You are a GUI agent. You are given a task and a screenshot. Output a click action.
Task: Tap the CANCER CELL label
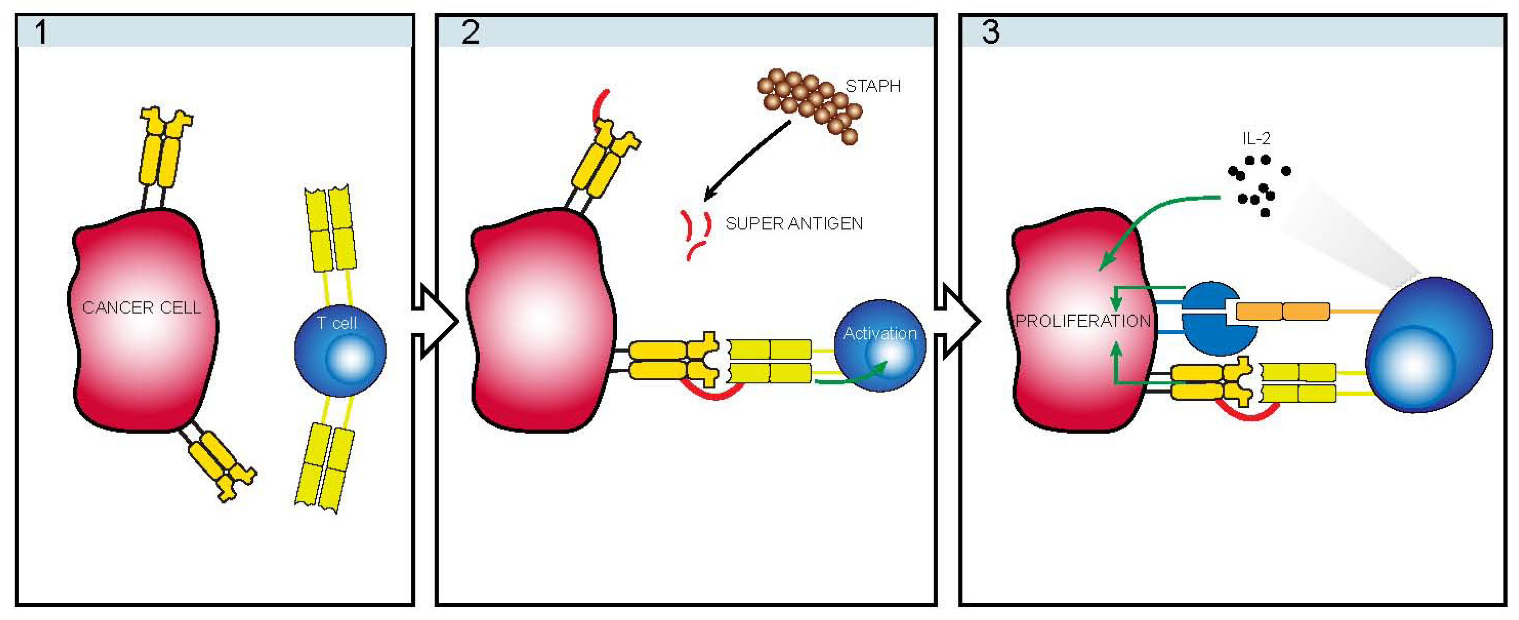[x=141, y=308]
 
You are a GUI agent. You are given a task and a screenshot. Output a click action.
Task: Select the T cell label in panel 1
[x=337, y=323]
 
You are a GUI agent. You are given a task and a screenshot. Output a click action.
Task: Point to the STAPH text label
[x=873, y=87]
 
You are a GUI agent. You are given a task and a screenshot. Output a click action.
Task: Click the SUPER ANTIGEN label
[x=794, y=224]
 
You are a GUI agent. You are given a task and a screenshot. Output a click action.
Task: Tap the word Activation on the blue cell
[x=880, y=334]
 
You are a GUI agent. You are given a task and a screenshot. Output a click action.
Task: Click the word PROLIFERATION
[x=1083, y=321]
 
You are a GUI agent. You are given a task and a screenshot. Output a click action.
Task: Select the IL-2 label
[x=1256, y=139]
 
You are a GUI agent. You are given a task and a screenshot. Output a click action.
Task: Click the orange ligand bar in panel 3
[x=1283, y=311]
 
